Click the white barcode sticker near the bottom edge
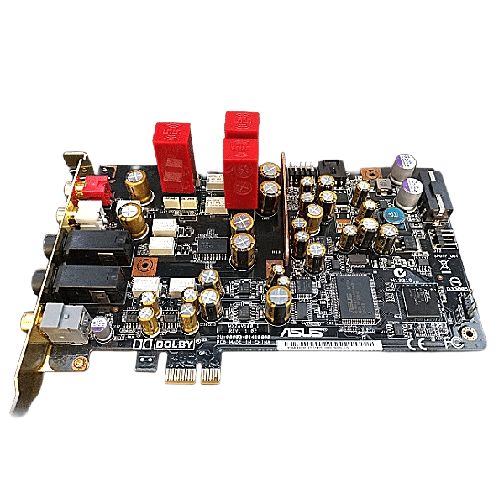coord(336,345)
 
